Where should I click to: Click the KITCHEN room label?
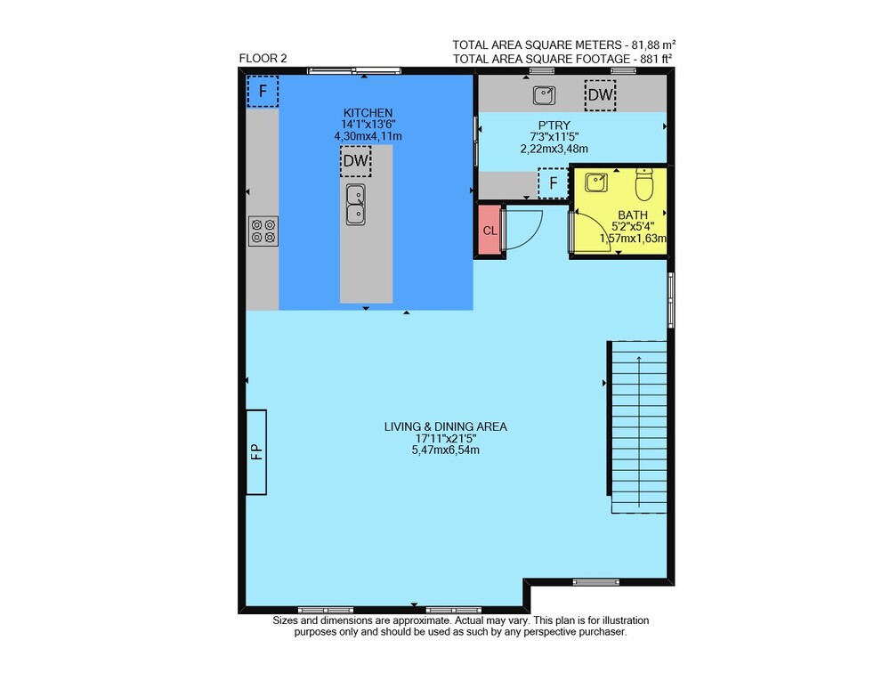(x=368, y=113)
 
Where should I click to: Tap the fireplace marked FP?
(x=256, y=452)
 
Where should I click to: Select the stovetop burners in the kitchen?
(x=263, y=231)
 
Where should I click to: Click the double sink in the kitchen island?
(x=356, y=205)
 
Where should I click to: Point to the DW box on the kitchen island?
(x=356, y=161)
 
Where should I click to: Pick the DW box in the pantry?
(x=600, y=95)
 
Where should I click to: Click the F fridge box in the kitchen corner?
(x=263, y=91)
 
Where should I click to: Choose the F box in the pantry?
(x=554, y=182)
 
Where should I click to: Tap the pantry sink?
(x=544, y=95)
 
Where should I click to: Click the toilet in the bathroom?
(x=644, y=184)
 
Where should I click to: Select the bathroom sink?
(x=596, y=182)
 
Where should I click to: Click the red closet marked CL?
(x=489, y=231)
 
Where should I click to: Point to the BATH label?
(x=632, y=215)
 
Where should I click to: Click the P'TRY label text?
(x=554, y=126)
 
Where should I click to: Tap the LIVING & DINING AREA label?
(x=446, y=426)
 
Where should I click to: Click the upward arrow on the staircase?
(x=639, y=431)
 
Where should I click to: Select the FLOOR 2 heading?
(x=263, y=58)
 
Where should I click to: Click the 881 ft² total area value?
(x=653, y=59)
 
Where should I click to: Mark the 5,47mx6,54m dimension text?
(x=446, y=450)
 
